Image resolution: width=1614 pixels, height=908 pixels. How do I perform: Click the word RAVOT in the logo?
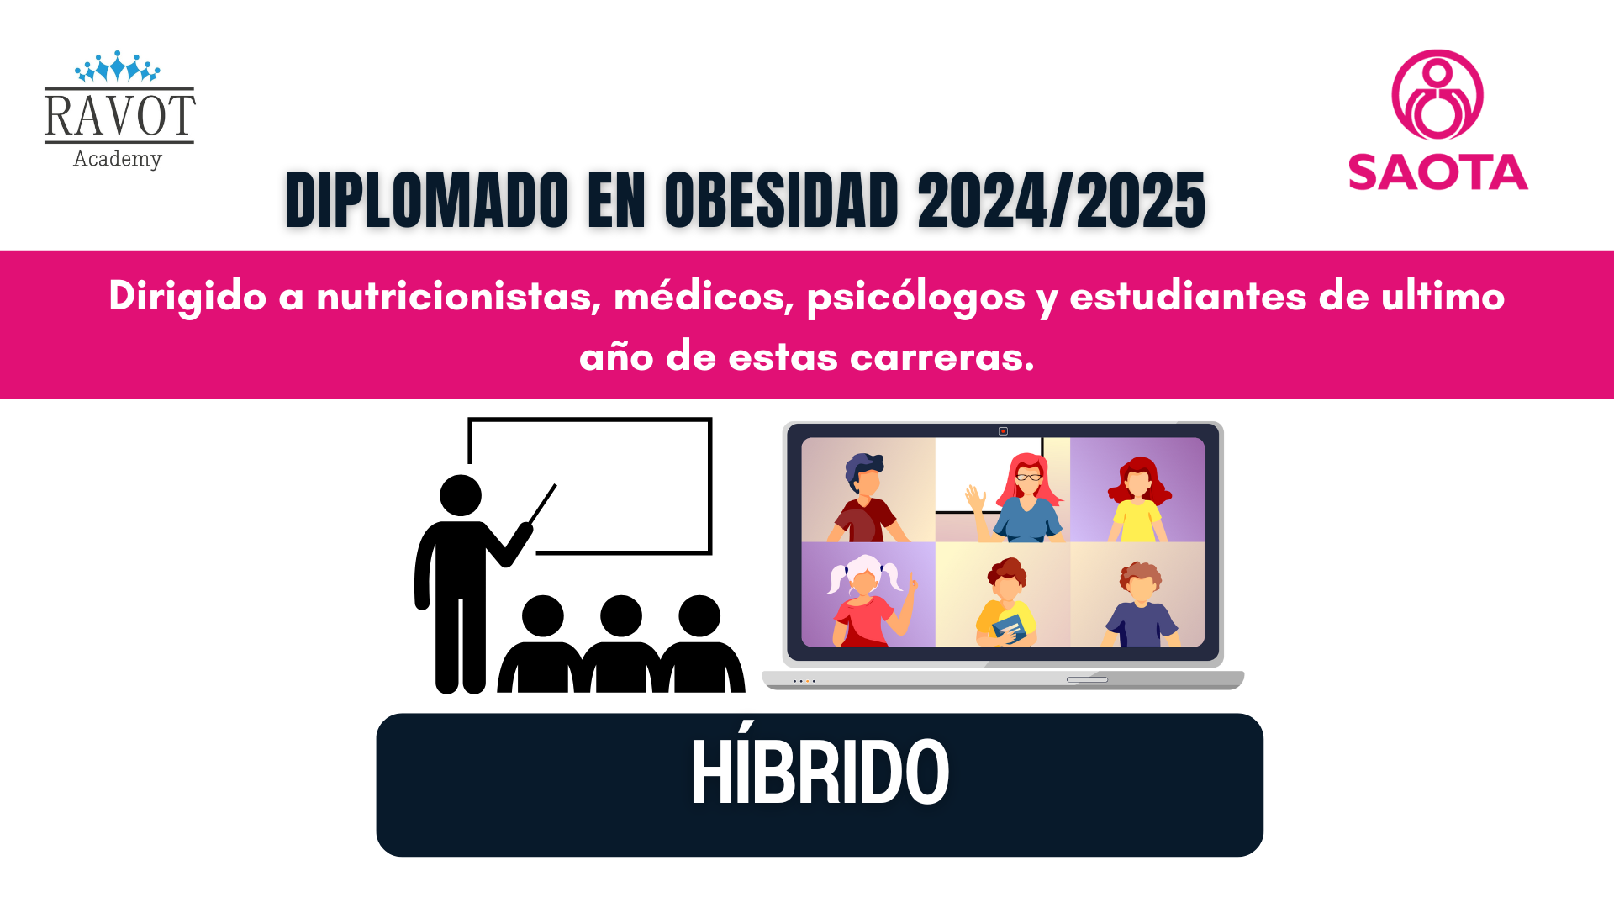pyautogui.click(x=120, y=116)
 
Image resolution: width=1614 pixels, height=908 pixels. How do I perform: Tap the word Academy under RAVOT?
pyautogui.click(x=118, y=159)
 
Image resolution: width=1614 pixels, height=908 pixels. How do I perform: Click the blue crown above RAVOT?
pyautogui.click(x=117, y=66)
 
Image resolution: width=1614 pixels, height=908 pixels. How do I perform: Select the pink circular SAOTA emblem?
pyautogui.click(x=1437, y=95)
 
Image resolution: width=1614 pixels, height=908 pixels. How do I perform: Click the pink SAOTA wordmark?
pyautogui.click(x=1438, y=172)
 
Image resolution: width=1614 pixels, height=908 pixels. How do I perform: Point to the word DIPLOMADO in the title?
pyautogui.click(x=428, y=200)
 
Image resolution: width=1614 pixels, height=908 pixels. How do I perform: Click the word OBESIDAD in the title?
pyautogui.click(x=782, y=200)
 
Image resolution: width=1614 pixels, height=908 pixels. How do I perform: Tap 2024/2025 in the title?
pyautogui.click(x=1062, y=200)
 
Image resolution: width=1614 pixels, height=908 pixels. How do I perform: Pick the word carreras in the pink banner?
pyautogui.click(x=941, y=357)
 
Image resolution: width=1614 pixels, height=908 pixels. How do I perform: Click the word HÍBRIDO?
pyautogui.click(x=820, y=770)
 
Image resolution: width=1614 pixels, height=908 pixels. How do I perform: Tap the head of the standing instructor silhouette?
pyautogui.click(x=461, y=495)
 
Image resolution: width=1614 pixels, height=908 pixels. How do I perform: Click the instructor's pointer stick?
pyautogui.click(x=543, y=504)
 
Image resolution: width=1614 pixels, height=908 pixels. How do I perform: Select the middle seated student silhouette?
pyautogui.click(x=621, y=644)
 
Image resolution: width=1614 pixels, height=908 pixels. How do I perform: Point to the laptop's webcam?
pyautogui.click(x=1003, y=431)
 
